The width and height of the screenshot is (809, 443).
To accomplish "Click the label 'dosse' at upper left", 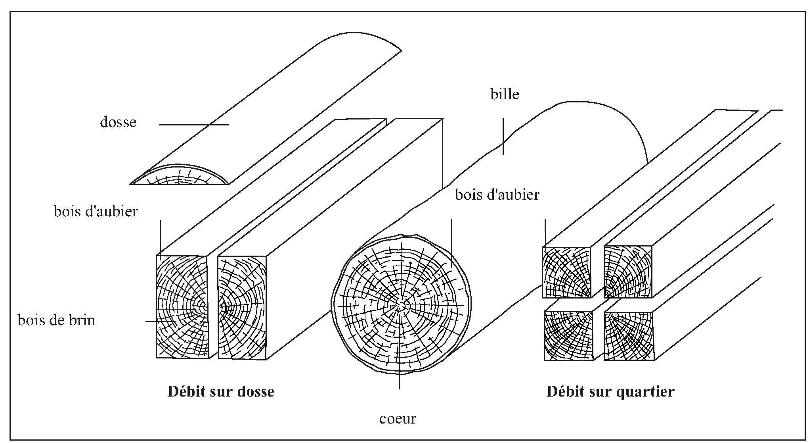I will tap(118, 122).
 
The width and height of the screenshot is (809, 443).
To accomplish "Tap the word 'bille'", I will tap(504, 94).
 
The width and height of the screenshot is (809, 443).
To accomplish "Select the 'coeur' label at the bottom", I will tap(398, 419).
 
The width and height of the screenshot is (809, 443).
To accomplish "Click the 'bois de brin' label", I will tap(57, 320).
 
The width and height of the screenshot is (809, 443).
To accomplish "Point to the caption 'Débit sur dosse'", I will tap(221, 392).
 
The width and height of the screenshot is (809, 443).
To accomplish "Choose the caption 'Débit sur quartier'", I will tap(610, 392).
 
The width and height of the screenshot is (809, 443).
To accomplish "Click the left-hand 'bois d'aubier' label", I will tap(96, 211).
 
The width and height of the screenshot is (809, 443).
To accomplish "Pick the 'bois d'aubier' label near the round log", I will tap(497, 195).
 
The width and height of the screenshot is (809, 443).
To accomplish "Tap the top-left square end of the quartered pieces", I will tap(566, 272).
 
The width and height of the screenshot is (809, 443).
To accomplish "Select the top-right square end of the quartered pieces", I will tap(628, 272).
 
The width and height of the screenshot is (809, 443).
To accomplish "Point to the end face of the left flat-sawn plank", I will tap(182, 307).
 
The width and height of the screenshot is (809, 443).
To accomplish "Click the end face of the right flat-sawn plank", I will tap(242, 308).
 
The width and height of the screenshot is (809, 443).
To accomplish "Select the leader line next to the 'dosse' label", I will tap(194, 125).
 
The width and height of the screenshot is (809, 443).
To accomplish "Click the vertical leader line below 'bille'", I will tap(503, 136).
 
